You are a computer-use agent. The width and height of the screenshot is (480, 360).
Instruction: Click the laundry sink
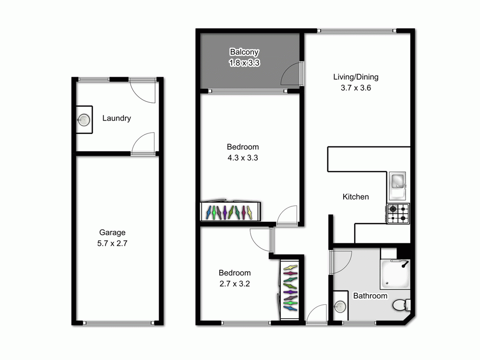[84, 120]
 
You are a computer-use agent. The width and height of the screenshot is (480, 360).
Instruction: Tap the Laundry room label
[117, 118]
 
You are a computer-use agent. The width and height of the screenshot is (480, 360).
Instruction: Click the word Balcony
[244, 52]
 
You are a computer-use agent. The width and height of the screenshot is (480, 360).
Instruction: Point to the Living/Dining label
[356, 77]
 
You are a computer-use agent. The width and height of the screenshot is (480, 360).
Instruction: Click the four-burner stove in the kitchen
[398, 214]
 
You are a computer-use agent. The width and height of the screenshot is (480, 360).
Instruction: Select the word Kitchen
[356, 197]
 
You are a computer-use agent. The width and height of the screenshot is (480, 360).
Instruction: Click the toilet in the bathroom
[401, 304]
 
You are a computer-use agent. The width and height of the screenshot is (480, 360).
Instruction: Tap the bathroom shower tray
[396, 274]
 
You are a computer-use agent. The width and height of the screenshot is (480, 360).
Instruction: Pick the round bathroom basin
[340, 306]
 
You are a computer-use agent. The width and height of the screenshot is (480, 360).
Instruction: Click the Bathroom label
[370, 296]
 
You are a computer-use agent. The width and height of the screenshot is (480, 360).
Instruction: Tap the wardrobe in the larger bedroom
[230, 211]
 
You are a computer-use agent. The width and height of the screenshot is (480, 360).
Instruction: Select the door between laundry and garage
[143, 144]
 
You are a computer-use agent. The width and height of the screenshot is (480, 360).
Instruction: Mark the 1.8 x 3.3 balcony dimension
[244, 62]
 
